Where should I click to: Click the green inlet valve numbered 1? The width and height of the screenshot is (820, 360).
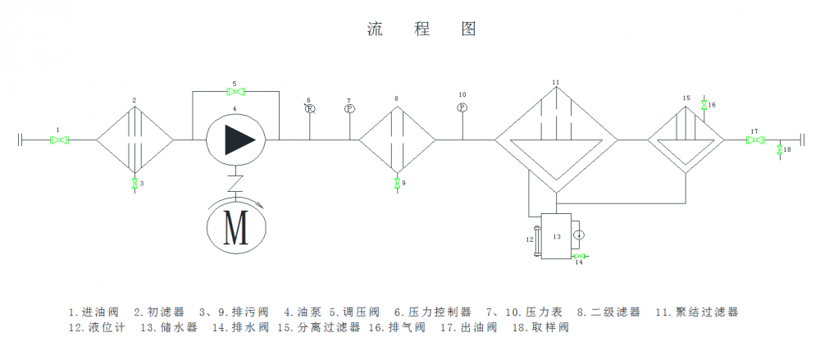click(58, 140)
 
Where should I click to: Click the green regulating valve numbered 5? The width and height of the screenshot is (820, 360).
click(235, 92)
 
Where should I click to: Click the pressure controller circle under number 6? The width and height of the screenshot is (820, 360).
click(309, 109)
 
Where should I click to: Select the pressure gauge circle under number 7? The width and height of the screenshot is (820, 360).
click(348, 109)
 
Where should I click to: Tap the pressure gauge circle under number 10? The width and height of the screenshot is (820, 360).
click(462, 107)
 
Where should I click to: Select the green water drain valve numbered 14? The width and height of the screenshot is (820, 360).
click(580, 256)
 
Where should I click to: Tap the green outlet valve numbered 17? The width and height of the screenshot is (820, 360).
click(753, 140)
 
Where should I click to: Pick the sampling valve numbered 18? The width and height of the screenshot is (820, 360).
click(779, 149)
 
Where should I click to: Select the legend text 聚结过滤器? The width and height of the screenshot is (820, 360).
click(708, 312)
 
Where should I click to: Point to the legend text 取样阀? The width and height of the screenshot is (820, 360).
click(551, 327)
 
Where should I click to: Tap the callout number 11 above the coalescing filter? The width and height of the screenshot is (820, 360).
click(555, 83)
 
